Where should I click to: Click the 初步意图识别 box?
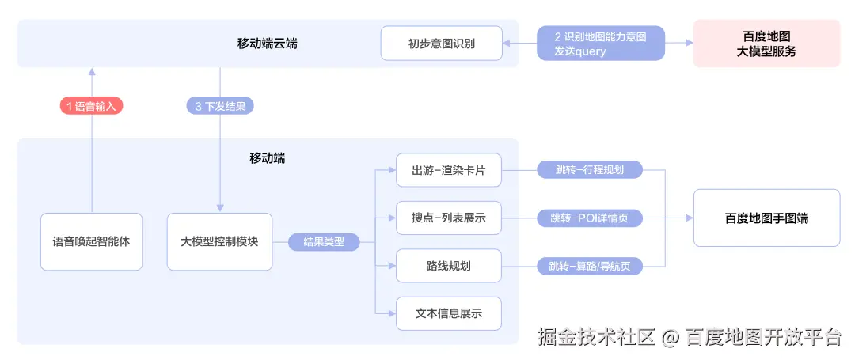[442, 44]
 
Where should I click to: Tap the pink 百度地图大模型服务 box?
[766, 44]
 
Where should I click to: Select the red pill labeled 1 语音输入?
[92, 106]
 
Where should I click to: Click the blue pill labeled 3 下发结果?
[220, 106]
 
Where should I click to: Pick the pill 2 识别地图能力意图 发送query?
[600, 44]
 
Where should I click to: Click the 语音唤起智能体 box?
[92, 241]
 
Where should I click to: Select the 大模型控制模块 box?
[219, 241]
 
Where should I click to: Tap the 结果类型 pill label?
[324, 242]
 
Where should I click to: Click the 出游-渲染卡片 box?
[449, 170]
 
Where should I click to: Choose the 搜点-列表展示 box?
[449, 218]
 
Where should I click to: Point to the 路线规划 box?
[449, 266]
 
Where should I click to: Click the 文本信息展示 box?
[449, 313]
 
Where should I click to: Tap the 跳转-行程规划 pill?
[589, 170]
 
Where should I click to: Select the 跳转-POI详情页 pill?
[589, 218]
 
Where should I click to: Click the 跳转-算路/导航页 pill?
[589, 266]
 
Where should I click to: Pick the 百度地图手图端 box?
[766, 218]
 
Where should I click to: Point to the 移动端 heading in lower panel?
[268, 158]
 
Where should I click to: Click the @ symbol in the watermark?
[671, 338]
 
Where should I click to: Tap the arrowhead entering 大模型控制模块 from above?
[220, 209]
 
